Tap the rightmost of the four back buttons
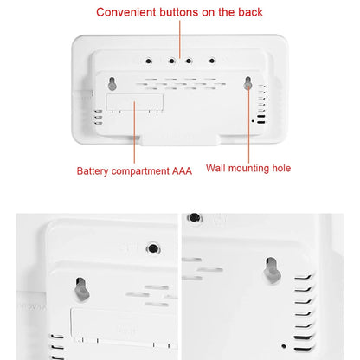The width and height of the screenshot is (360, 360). pyautogui.click(x=212, y=61)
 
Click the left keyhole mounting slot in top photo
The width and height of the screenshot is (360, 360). pyautogui.click(x=112, y=84)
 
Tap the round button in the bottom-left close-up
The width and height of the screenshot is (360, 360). pyautogui.click(x=153, y=248)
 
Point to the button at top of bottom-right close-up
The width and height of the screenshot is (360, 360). pyautogui.click(x=196, y=219)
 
